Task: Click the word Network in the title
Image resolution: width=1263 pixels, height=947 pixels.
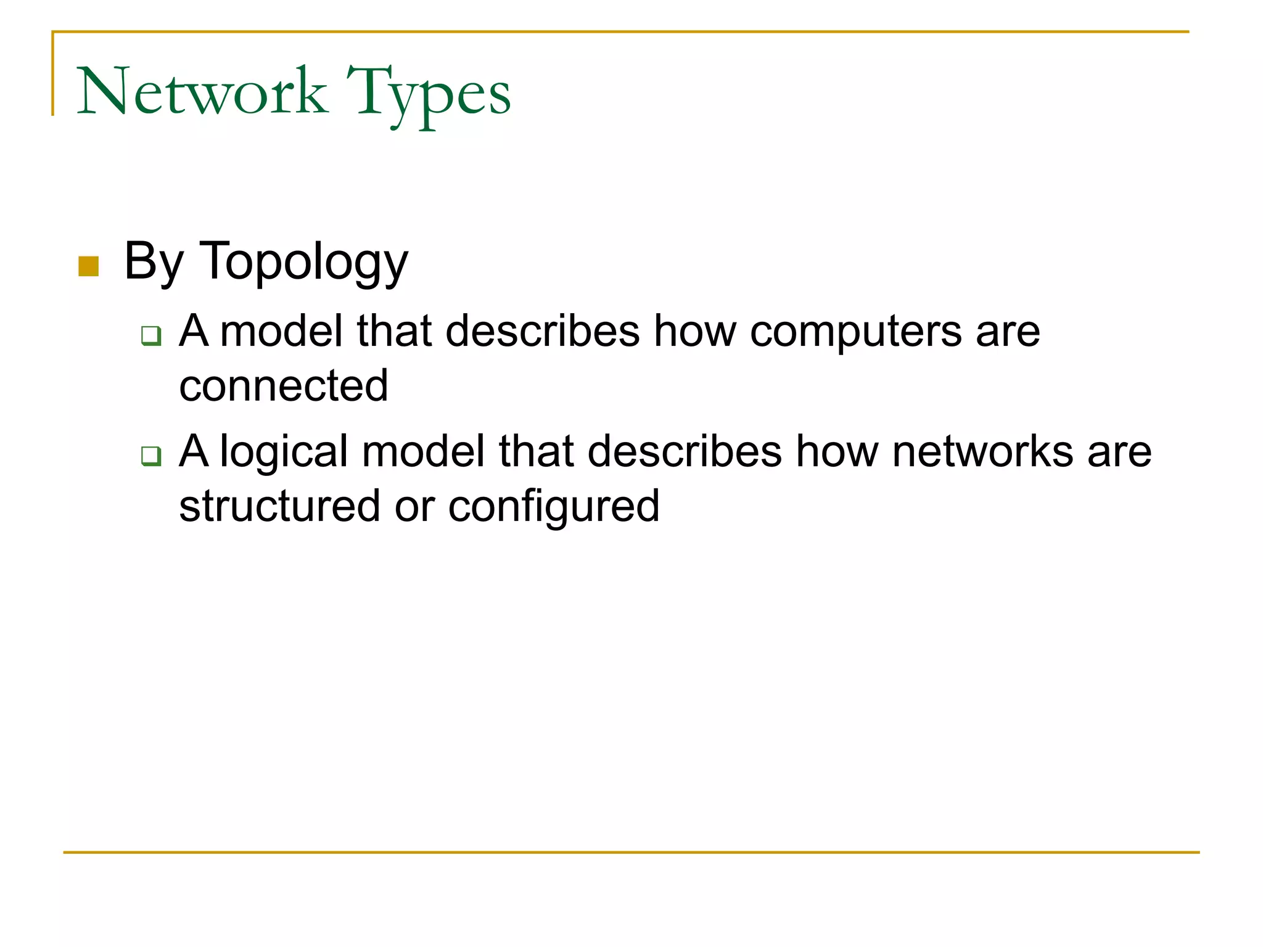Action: (202, 92)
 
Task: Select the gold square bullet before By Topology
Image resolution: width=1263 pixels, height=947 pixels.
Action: (89, 266)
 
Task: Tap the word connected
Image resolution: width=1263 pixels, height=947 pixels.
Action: (284, 386)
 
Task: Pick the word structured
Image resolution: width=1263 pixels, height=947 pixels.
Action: (279, 506)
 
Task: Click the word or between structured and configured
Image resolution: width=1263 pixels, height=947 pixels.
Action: (414, 507)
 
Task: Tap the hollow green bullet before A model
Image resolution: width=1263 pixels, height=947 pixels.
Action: (151, 335)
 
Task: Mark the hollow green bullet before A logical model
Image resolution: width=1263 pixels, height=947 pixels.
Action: (151, 456)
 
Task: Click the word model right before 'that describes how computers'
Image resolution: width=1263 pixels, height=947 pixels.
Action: (281, 331)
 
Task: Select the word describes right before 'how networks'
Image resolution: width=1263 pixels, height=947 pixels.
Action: (685, 451)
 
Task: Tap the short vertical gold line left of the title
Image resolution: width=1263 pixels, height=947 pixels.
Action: (53, 74)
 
